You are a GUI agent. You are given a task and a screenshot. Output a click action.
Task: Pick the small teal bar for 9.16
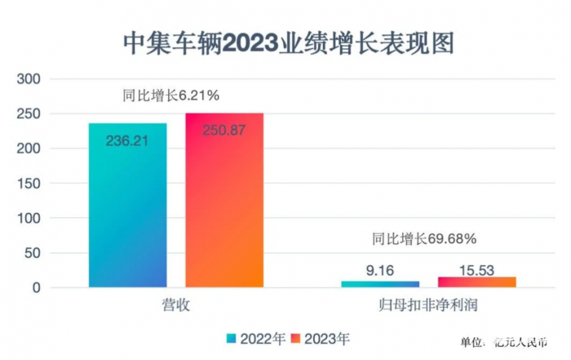pyautogui.click(x=379, y=284)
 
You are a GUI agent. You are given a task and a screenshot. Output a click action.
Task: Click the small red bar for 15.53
pyautogui.click(x=476, y=282)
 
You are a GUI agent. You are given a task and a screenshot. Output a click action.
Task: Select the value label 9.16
pyautogui.click(x=380, y=269)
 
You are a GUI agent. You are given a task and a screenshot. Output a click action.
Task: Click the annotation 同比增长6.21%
pyautogui.click(x=170, y=96)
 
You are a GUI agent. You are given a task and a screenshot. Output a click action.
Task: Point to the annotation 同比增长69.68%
pyautogui.click(x=424, y=239)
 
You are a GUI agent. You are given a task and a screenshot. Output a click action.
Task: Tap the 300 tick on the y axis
pyautogui.click(x=29, y=79)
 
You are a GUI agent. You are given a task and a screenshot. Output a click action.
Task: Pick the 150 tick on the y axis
pyautogui.click(x=29, y=184)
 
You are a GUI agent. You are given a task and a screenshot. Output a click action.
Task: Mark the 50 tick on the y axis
pyautogui.click(x=33, y=253)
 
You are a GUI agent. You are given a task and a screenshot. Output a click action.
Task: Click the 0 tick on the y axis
pyautogui.click(x=36, y=287)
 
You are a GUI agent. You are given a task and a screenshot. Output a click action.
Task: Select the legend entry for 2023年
pyautogui.click(x=321, y=336)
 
